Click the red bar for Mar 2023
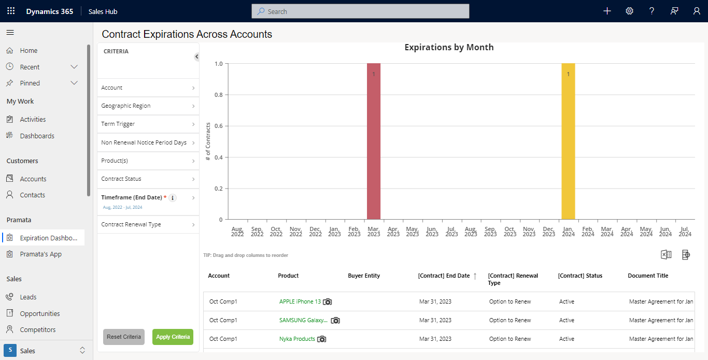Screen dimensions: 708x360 [x=374, y=141]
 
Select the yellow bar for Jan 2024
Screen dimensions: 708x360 [x=568, y=141]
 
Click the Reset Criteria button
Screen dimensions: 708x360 [x=123, y=337]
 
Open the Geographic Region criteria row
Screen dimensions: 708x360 [x=148, y=106]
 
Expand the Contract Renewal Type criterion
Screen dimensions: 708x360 [x=148, y=224]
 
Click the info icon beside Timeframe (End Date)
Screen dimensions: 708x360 [x=173, y=198]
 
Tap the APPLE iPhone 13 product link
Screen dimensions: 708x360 [x=300, y=301]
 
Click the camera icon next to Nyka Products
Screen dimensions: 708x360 [x=321, y=339]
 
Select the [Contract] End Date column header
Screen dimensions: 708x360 [x=444, y=276]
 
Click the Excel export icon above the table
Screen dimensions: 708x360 [x=666, y=254]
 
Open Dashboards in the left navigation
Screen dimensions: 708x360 [x=37, y=136]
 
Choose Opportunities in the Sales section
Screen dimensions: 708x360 [x=40, y=313]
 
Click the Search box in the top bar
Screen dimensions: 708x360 [x=360, y=11]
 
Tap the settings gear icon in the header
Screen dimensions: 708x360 [x=629, y=11]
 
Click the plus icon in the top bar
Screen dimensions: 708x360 [x=607, y=11]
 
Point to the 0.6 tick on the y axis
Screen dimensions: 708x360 [x=219, y=126]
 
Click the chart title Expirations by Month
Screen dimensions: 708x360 [x=449, y=47]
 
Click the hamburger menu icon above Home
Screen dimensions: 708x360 [x=10, y=32]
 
